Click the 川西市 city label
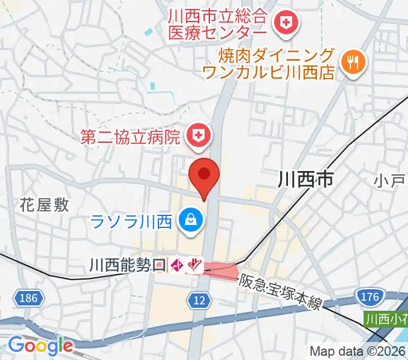[306, 178]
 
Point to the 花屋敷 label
[44, 205]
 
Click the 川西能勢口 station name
[127, 264]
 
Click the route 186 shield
[28, 297]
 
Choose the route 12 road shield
[200, 299]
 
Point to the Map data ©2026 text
[358, 352]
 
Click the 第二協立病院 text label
[131, 137]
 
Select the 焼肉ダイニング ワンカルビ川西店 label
[269, 64]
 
